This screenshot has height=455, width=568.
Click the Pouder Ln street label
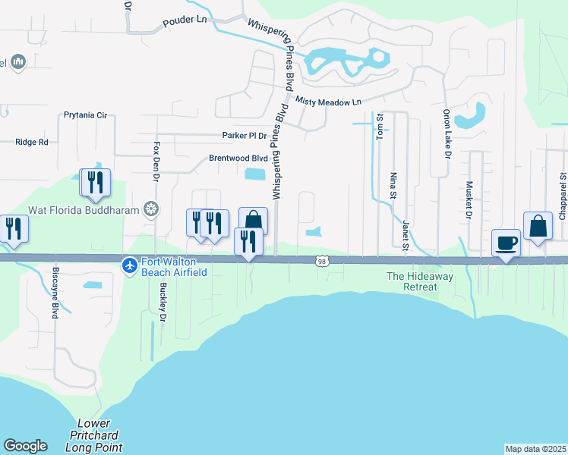pos(185,24)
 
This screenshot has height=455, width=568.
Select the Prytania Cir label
pos(86,115)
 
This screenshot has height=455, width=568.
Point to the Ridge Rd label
pos(32,142)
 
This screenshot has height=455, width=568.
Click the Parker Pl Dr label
pos(245,136)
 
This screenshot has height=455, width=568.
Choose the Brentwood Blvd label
pos(239,158)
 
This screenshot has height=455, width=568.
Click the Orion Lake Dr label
pos(447,133)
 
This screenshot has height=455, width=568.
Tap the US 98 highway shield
pos(321,261)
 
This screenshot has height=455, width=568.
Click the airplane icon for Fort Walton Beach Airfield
pos(129,265)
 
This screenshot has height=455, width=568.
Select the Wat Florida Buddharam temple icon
pos(152,209)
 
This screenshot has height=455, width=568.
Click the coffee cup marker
pos(506,243)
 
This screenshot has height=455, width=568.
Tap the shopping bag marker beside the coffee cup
pos(538,227)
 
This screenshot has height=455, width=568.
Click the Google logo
pos(25,446)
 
